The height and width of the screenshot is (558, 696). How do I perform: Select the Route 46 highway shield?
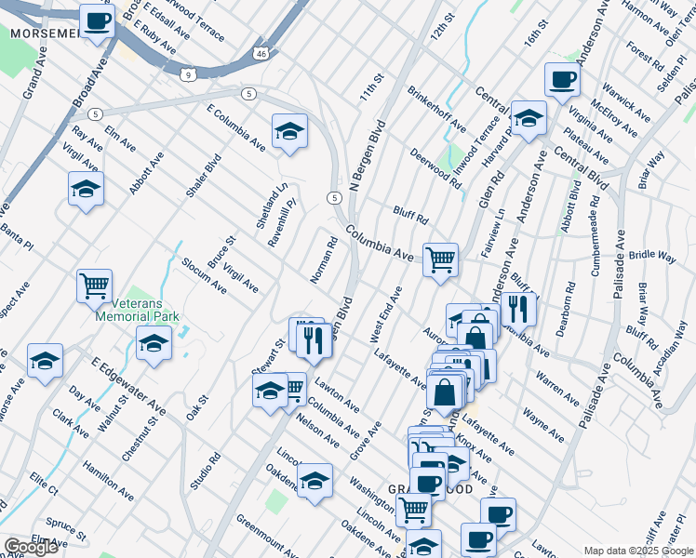[x=261, y=55]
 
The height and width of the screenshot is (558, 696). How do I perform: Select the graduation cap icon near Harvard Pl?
[x=529, y=118]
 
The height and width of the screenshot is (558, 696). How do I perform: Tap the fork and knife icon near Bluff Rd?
[x=519, y=307]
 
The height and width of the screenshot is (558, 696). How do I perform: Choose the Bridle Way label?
[x=652, y=255]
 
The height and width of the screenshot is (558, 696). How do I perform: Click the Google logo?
[x=31, y=547]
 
